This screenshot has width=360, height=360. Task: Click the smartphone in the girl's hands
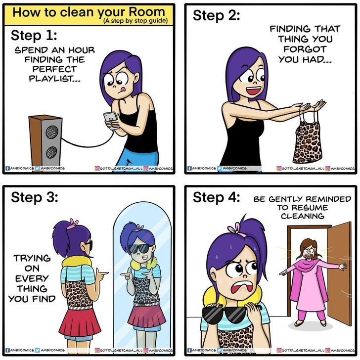[x=111, y=119]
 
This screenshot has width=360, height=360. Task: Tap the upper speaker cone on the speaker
[x=52, y=132]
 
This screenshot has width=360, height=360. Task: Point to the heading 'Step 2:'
[x=216, y=16]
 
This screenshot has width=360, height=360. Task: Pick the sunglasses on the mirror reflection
[x=139, y=248]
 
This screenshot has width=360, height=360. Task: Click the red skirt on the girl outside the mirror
[x=80, y=322]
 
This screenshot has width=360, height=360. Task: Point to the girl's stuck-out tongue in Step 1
[x=123, y=89]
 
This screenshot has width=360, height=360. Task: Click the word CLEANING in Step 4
[x=302, y=216]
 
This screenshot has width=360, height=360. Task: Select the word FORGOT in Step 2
[x=305, y=49]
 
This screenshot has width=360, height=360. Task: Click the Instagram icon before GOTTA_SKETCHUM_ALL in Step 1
[x=97, y=168]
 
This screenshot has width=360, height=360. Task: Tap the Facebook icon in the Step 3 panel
[x=7, y=350]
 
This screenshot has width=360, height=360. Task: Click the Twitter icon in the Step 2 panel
[x=219, y=168]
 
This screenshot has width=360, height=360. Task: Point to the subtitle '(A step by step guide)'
[x=135, y=21]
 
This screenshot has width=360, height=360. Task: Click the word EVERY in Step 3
[x=32, y=278]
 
